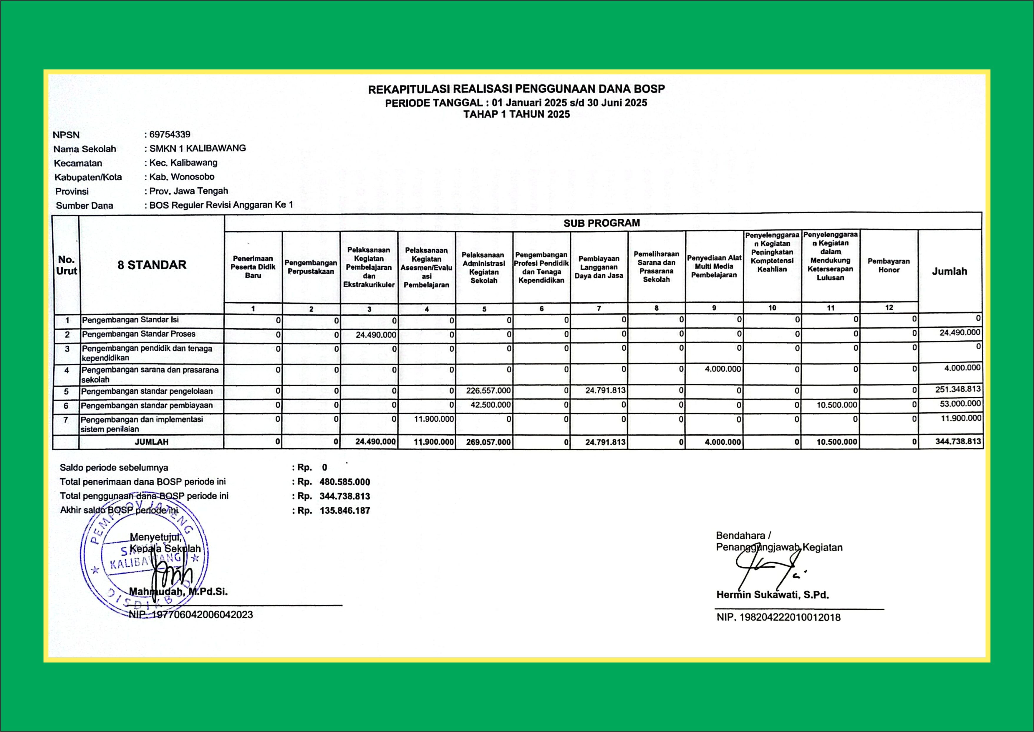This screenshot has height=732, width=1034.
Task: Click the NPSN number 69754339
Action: [x=170, y=134]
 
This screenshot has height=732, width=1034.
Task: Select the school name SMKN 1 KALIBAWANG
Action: [x=198, y=148]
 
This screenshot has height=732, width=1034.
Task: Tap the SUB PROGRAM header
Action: [x=602, y=223]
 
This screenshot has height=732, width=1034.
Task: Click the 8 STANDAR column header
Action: [x=152, y=265]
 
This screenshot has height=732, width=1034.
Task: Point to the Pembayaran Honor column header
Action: [x=889, y=266]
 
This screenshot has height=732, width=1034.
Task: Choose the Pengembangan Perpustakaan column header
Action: [x=311, y=267]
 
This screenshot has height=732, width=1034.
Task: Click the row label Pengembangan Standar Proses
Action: [x=139, y=334]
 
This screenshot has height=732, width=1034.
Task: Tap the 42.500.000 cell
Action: [x=491, y=405]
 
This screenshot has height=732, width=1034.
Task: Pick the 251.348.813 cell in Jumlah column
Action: [x=958, y=390]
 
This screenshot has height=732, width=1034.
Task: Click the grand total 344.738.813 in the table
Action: [x=958, y=441]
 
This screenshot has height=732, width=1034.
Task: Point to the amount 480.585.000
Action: [x=344, y=482]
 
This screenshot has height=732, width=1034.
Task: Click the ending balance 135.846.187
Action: [x=344, y=511]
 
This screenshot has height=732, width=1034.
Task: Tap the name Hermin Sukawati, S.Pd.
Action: [x=772, y=594]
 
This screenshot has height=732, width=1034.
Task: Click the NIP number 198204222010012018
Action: [x=790, y=617]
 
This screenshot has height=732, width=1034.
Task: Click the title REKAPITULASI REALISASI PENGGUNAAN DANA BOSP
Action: [x=516, y=89]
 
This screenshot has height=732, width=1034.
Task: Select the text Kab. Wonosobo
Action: [x=182, y=177]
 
